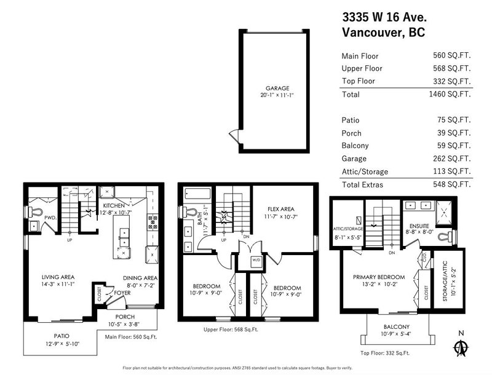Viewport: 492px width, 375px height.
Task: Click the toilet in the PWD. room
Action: [35, 212]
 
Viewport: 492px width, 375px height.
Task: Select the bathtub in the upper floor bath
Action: [197, 194]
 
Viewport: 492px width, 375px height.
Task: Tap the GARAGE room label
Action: [277, 89]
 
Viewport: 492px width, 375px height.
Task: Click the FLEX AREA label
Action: [281, 209]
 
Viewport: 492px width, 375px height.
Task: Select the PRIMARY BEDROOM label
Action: [379, 277]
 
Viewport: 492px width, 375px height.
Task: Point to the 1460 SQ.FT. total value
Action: [450, 94]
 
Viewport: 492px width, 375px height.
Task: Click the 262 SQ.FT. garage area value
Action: [452, 159]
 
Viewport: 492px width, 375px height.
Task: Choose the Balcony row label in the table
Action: [355, 146]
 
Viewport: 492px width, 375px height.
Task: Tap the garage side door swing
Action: [233, 135]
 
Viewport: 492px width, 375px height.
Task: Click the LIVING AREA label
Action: [58, 277]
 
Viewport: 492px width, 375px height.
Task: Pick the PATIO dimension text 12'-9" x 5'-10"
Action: [63, 344]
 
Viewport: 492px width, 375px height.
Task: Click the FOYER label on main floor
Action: [122, 293]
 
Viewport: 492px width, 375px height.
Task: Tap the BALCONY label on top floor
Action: [396, 327]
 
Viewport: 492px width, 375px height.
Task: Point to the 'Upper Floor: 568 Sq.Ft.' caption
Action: [231, 330]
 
